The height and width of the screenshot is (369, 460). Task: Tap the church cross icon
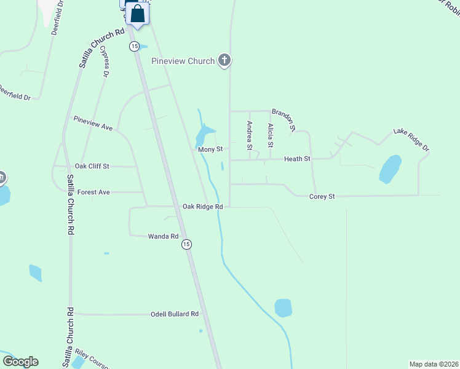point(224,60)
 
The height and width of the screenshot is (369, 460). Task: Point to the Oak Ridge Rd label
point(202,207)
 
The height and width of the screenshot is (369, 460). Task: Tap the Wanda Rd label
point(163,236)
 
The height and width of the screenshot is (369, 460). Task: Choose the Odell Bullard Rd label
point(175,314)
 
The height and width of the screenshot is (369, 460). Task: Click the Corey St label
point(322,197)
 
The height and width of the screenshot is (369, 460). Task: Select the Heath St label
point(297,159)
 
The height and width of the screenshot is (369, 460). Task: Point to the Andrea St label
point(249,135)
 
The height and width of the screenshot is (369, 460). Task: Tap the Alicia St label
point(270,135)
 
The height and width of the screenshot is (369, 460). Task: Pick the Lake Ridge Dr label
point(411,140)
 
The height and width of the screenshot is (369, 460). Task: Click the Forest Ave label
point(93,192)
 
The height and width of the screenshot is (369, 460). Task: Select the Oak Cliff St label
point(92,166)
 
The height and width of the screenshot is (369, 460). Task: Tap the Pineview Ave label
point(93,123)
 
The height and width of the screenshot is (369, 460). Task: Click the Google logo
point(20,362)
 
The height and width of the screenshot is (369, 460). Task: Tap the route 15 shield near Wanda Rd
point(186,244)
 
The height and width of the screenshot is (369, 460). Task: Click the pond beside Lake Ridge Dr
point(390,169)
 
